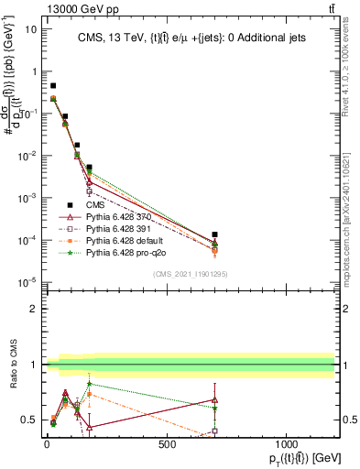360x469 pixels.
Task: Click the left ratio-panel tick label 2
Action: tap(30, 309)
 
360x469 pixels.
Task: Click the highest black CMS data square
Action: tap(53, 85)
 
